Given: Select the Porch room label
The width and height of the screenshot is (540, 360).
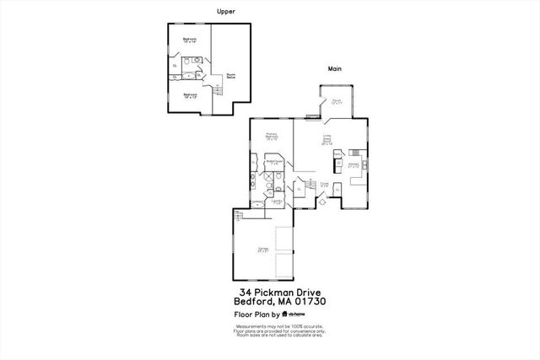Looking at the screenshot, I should tap(336, 103).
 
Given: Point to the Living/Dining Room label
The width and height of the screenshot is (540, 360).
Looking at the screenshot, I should tap(327, 140).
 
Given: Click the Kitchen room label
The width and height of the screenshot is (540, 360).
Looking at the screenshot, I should tap(354, 165).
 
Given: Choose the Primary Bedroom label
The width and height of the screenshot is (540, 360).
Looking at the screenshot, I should tap(272, 136).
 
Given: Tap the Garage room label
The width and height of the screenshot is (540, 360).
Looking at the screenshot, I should tap(262, 250).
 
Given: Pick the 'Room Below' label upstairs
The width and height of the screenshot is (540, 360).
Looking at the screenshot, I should tap(229, 76).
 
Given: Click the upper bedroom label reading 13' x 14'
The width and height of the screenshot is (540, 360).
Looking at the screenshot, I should tap(189, 40).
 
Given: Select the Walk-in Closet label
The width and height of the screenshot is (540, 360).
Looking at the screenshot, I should tap(273, 163).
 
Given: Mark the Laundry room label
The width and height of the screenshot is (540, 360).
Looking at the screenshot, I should tap(276, 201).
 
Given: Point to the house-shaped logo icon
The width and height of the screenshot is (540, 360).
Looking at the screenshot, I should tap(285, 313).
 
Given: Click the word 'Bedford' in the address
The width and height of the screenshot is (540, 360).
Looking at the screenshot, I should tap(251, 300).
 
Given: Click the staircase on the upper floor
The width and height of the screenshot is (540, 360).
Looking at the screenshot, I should tap(214, 89).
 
